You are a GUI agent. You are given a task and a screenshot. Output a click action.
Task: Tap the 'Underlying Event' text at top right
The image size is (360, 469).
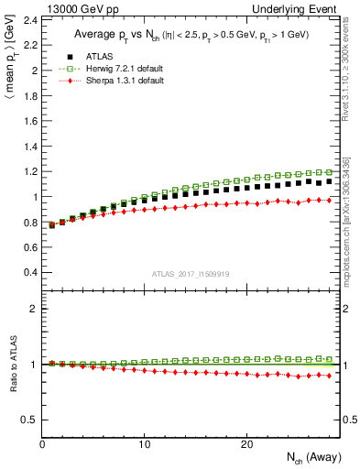(x=302, y=8)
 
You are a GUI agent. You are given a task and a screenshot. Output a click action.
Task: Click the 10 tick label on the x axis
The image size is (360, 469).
(x=145, y=443)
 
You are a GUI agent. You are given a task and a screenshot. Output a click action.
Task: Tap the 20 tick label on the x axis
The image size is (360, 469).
(x=246, y=443)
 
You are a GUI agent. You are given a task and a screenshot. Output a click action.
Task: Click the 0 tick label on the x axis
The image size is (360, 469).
(x=43, y=443)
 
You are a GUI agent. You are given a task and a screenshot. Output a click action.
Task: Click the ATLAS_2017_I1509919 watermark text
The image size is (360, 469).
(x=191, y=273)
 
